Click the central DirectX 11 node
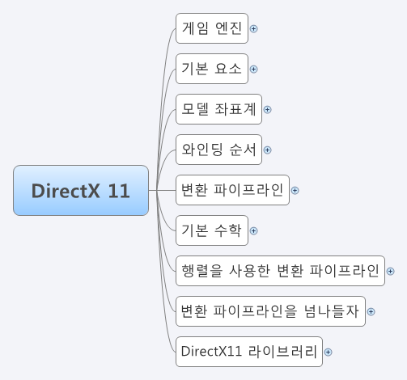coord(81,191)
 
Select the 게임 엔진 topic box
coord(212,28)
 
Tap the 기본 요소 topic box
coord(212,69)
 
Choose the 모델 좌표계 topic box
coord(218,109)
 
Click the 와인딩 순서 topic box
coord(218,150)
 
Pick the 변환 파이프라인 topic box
coord(232,190)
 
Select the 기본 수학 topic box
coord(212,230)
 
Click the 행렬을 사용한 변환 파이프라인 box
coord(280,271)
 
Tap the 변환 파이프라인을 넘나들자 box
coord(270,310)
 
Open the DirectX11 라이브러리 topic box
coord(249,351)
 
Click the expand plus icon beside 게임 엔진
coord(254,28)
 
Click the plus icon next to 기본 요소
coord(254,69)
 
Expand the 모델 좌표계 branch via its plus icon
coord(267,109)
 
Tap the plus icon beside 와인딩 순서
coord(267,150)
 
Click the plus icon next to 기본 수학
coord(254,230)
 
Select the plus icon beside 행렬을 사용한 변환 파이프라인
coord(391,271)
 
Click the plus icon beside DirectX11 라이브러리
coord(329,351)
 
